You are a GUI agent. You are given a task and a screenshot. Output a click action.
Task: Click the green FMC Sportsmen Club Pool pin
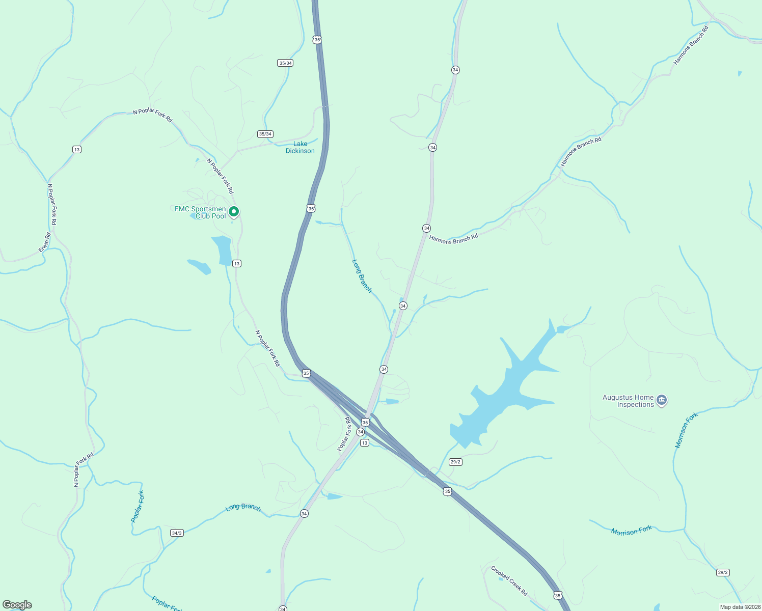point(234,211)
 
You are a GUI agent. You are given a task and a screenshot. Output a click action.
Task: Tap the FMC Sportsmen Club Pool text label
point(200,213)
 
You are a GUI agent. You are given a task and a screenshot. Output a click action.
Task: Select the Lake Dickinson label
point(300,148)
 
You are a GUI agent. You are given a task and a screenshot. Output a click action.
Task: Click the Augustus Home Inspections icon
point(662,400)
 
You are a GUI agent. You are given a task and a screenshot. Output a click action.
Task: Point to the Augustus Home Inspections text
point(629,401)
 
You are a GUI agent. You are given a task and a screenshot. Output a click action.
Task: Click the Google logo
point(17,605)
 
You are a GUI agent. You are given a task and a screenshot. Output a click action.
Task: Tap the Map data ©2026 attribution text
point(740,607)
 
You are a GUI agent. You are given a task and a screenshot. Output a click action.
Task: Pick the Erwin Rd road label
point(45,242)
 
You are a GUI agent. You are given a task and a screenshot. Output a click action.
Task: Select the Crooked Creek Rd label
point(509,581)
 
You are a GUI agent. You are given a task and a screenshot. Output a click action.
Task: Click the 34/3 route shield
point(177,533)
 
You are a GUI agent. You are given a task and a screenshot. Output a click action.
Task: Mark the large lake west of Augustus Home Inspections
point(502,392)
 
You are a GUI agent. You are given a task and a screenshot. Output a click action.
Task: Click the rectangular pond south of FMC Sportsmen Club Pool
point(223,250)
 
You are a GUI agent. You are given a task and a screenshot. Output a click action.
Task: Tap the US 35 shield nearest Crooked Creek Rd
point(558,596)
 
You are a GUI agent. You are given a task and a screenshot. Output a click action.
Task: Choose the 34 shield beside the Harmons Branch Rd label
point(427,228)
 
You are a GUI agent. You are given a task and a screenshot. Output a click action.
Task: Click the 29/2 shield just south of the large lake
point(455,462)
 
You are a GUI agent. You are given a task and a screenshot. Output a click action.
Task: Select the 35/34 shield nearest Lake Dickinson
point(265,134)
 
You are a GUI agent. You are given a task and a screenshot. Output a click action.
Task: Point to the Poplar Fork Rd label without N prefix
point(344,434)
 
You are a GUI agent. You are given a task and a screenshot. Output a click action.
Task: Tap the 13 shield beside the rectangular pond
point(236,264)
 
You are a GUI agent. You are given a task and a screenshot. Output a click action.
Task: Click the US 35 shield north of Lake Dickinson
point(317,40)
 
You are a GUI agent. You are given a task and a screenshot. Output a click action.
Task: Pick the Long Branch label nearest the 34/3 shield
point(243,508)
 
